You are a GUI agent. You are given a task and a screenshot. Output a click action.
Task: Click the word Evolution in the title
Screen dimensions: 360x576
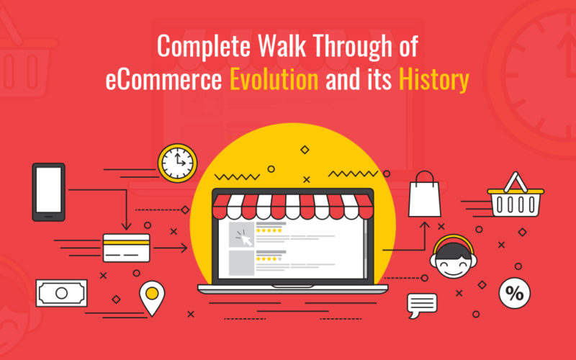coord(274,79)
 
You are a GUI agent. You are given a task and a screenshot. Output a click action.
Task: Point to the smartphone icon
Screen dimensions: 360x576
coord(48,192)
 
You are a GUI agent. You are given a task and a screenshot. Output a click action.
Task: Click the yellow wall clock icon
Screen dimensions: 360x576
coord(177,163)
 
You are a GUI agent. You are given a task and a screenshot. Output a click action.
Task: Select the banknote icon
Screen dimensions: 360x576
coord(61,293)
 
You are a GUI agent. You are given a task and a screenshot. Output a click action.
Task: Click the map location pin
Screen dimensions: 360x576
coord(151,297)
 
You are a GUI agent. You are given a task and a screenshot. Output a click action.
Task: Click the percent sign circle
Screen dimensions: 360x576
coord(514,292)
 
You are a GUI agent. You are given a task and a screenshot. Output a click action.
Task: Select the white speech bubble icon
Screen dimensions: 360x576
coord(422,305)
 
